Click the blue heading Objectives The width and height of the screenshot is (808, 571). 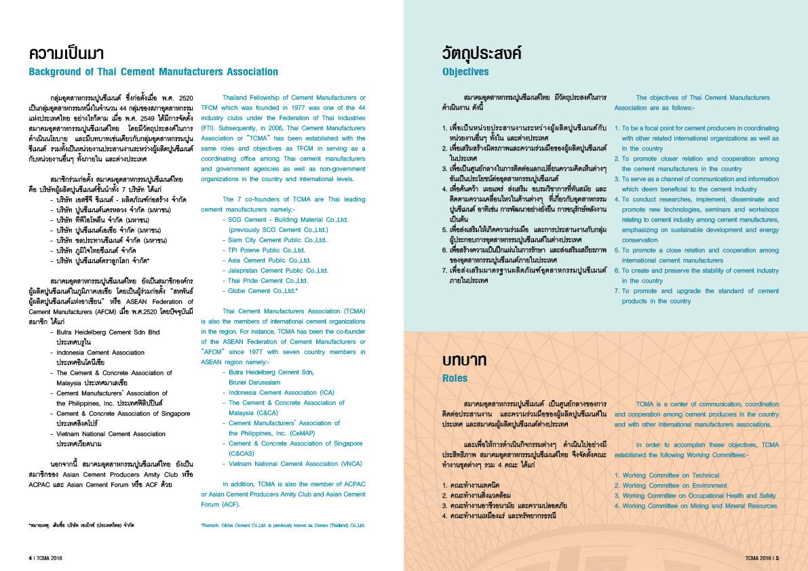pyautogui.click(x=465, y=71)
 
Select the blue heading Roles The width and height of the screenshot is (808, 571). pyautogui.click(x=455, y=378)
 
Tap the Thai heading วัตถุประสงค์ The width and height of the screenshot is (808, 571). pyautogui.click(x=481, y=53)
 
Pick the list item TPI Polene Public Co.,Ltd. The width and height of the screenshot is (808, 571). pyautogui.click(x=267, y=250)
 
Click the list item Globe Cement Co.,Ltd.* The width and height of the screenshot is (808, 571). pyautogui.click(x=263, y=291)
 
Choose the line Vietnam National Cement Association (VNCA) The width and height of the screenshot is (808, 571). pyautogui.click(x=286, y=464)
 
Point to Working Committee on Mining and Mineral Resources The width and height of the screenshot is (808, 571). pyautogui.click(x=699, y=506)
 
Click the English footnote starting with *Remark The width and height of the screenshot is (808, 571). pyautogui.click(x=283, y=526)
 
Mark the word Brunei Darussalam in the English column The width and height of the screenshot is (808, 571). pyautogui.click(x=254, y=382)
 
